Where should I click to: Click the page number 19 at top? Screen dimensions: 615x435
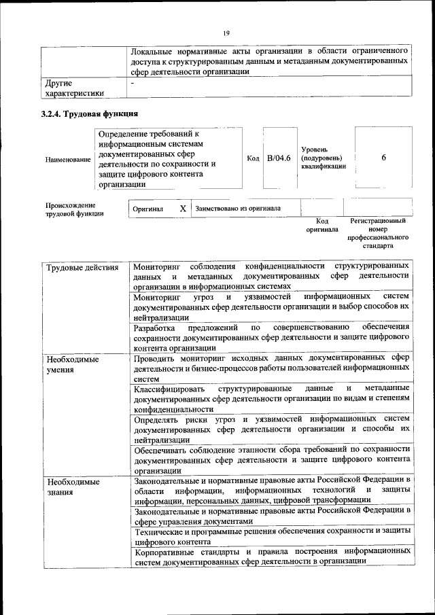(x=226, y=33)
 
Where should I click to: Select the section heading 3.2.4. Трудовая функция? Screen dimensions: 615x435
(x=90, y=113)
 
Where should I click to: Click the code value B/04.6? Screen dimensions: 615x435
(x=279, y=158)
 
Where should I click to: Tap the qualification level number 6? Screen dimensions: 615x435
(x=383, y=158)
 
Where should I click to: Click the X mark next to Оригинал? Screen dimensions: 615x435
(x=182, y=209)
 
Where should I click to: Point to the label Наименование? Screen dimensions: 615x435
(x=67, y=160)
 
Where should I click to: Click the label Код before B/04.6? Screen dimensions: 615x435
(x=253, y=159)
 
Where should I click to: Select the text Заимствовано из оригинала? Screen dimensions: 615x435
(x=238, y=209)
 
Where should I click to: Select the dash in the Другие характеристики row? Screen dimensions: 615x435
(x=133, y=83)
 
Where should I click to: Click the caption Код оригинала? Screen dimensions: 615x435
(x=322, y=225)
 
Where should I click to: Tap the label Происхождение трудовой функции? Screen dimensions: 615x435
(x=74, y=209)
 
